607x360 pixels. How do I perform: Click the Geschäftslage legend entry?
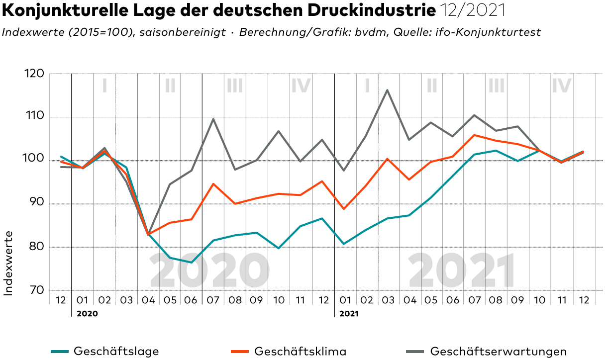pos(105,352)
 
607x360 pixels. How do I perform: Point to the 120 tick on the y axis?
pos(34,74)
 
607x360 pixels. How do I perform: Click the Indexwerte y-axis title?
pos(8,264)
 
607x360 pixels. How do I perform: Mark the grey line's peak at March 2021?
pos(387,90)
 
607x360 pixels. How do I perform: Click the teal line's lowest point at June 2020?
pos(192,263)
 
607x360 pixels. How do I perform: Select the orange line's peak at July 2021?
pos(474,135)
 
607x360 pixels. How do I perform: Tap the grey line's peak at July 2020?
pos(213,119)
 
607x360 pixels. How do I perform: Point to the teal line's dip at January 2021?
pos(344,244)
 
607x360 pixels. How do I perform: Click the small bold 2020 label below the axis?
pos(87,314)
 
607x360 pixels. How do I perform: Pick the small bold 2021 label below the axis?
pos(349,314)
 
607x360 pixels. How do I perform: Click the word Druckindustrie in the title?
pos(372,10)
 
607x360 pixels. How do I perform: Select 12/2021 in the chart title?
pos(473,10)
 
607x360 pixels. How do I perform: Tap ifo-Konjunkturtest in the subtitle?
pos(488,32)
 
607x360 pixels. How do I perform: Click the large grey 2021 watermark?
pos(462,270)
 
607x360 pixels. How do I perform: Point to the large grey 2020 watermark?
pos(209,270)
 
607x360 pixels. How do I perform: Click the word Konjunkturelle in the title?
pos(65,11)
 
